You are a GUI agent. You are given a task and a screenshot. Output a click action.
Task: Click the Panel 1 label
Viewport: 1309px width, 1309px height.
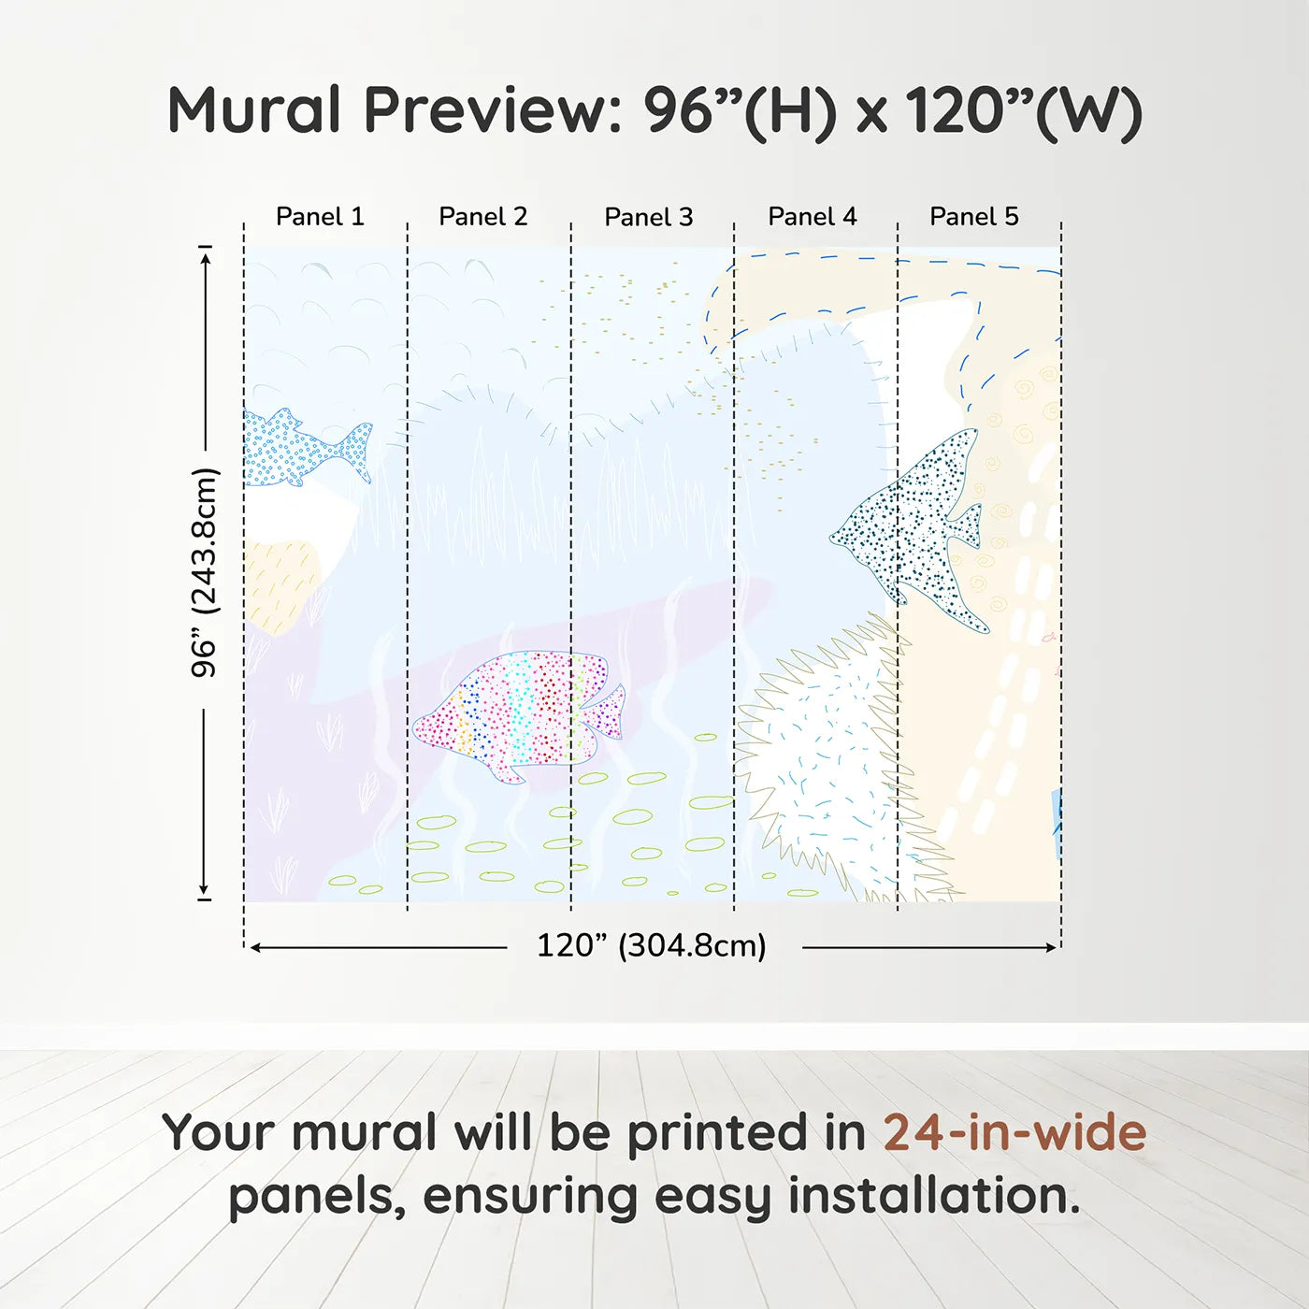(320, 217)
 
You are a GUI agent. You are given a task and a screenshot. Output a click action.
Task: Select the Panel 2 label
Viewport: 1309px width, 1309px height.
(483, 217)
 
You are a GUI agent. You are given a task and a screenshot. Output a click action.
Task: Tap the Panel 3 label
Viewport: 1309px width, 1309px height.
(649, 218)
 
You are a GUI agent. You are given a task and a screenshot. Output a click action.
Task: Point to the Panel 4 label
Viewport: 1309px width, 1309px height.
(813, 217)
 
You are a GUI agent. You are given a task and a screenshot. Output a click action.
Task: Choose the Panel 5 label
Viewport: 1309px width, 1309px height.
(974, 217)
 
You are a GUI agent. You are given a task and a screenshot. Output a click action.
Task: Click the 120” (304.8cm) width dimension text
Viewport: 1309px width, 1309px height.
(651, 946)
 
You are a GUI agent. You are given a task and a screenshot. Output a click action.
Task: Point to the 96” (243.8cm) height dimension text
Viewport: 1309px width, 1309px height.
(204, 572)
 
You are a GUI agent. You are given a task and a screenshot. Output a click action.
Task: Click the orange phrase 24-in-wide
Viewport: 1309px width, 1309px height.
(1014, 1133)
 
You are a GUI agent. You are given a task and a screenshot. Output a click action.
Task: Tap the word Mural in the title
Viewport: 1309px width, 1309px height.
(254, 110)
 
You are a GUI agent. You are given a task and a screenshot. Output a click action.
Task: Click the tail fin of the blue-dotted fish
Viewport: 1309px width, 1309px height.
(358, 451)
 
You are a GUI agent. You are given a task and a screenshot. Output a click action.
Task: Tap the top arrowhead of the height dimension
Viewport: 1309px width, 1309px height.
(205, 253)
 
